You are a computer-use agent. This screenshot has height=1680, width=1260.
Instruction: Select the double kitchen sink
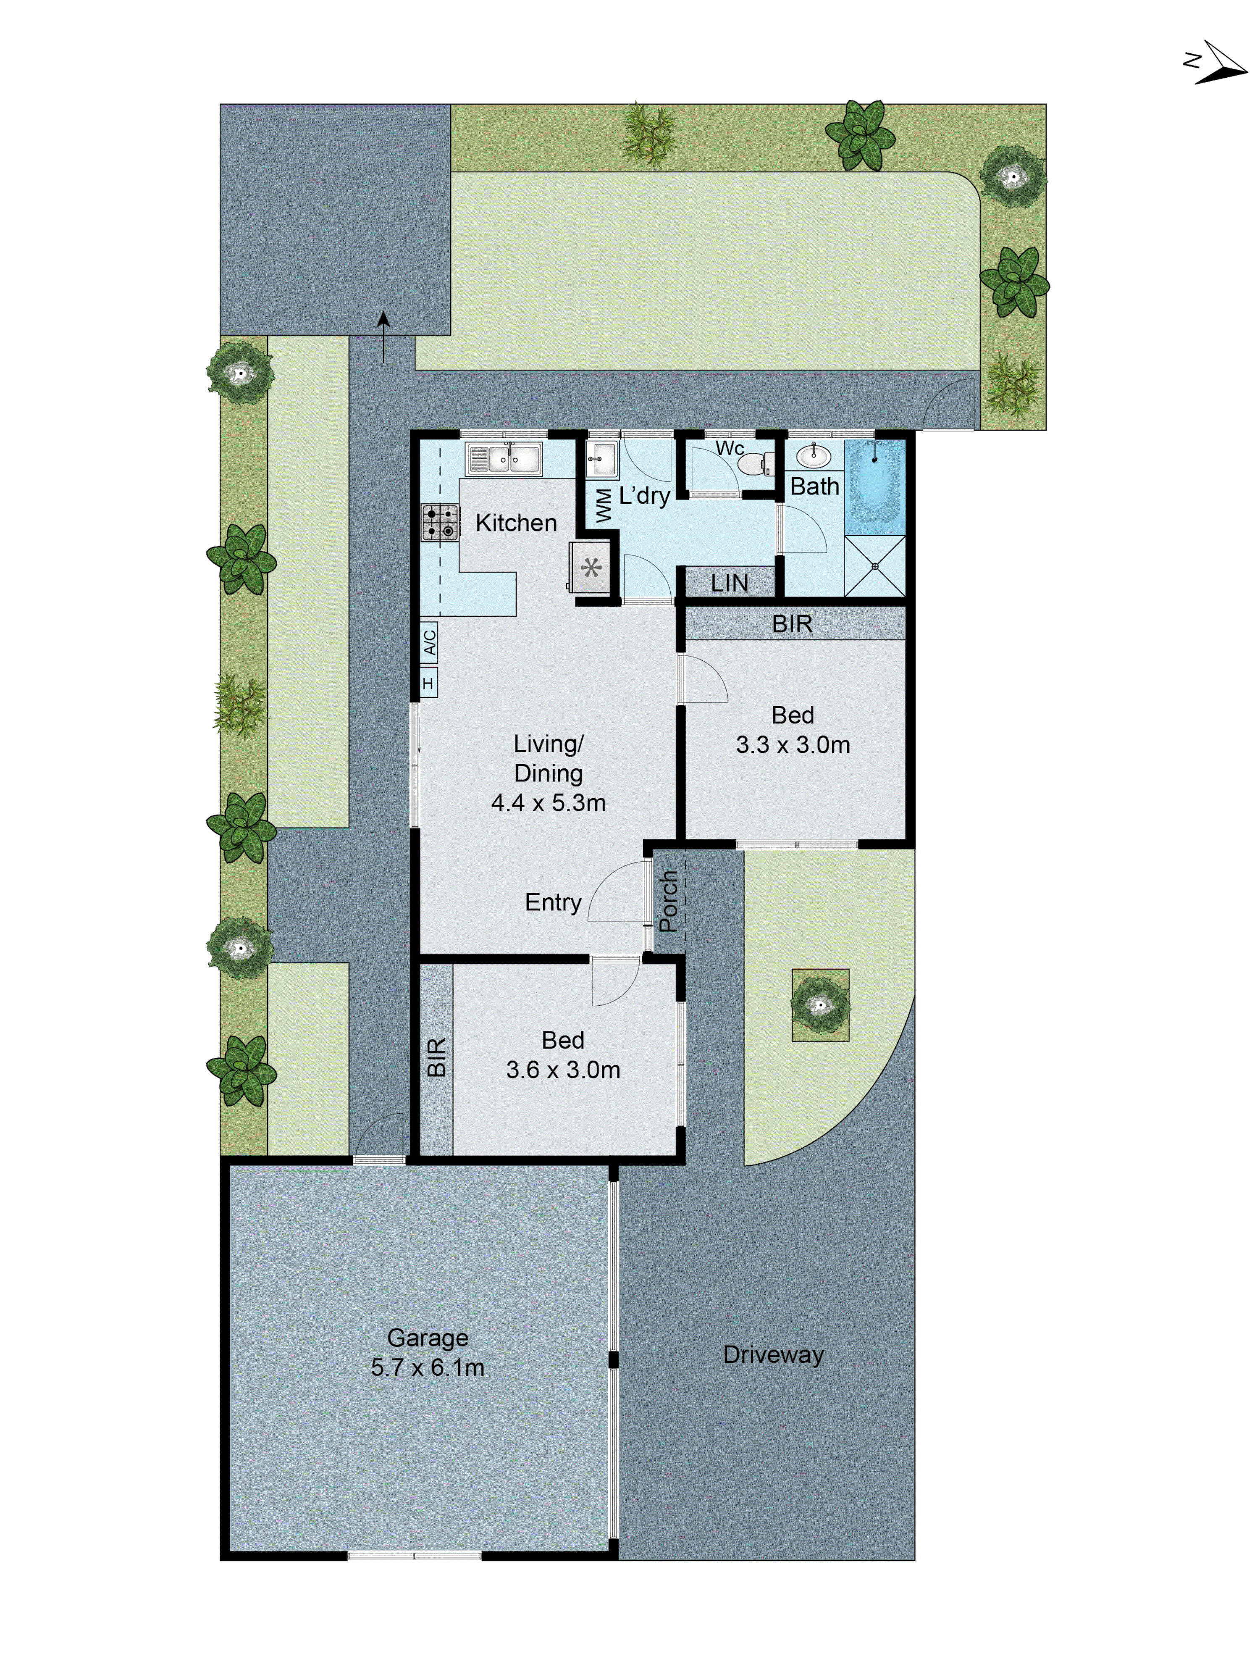504,459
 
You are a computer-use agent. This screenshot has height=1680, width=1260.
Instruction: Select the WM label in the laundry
603,505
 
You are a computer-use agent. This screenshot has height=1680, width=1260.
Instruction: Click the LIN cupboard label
729,583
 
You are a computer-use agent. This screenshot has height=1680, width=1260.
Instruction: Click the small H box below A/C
428,683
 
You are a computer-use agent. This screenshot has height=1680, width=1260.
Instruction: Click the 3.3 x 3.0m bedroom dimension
792,744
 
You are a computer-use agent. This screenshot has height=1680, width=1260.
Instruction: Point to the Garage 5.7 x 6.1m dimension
428,1367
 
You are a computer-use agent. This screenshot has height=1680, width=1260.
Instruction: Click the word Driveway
773,1354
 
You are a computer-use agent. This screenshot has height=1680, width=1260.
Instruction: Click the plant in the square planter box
820,1005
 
